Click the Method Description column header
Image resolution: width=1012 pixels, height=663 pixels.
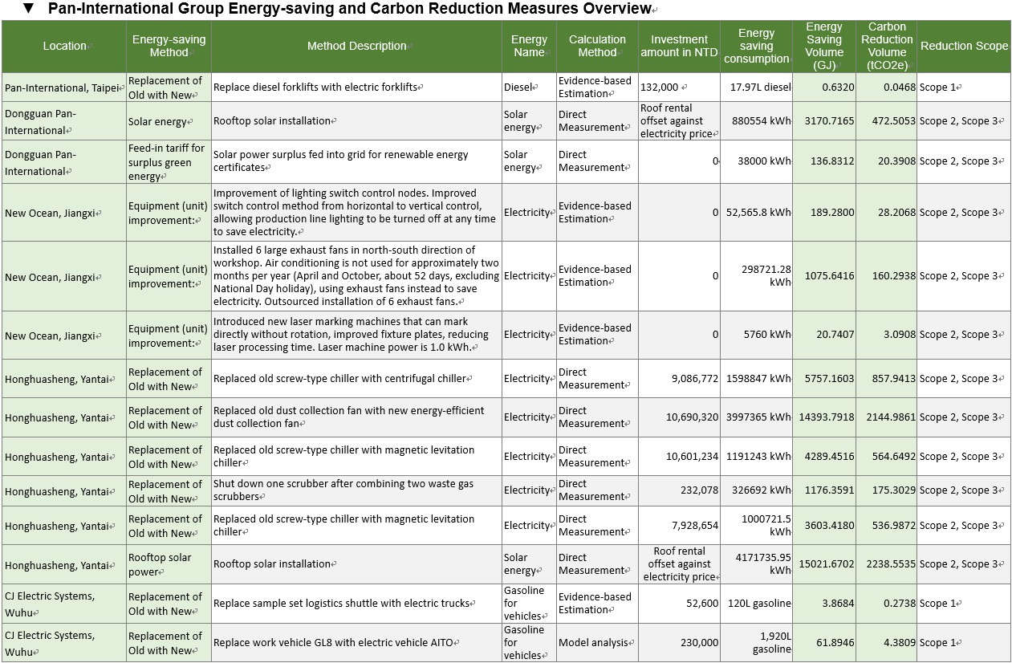coord(357,46)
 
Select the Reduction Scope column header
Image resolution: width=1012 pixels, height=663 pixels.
coord(964,46)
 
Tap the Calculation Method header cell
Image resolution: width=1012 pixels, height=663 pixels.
coord(597,46)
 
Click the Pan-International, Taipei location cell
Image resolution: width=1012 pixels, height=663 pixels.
coord(63,87)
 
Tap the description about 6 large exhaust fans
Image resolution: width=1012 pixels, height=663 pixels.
coord(356,276)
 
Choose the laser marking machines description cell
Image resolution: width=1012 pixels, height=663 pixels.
coord(356,335)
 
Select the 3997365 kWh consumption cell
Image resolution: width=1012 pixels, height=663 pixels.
coord(757,417)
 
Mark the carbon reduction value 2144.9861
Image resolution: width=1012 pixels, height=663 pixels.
coord(887,417)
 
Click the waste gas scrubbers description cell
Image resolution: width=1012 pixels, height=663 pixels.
coord(356,490)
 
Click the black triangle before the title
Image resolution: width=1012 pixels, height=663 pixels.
coord(29,8)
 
